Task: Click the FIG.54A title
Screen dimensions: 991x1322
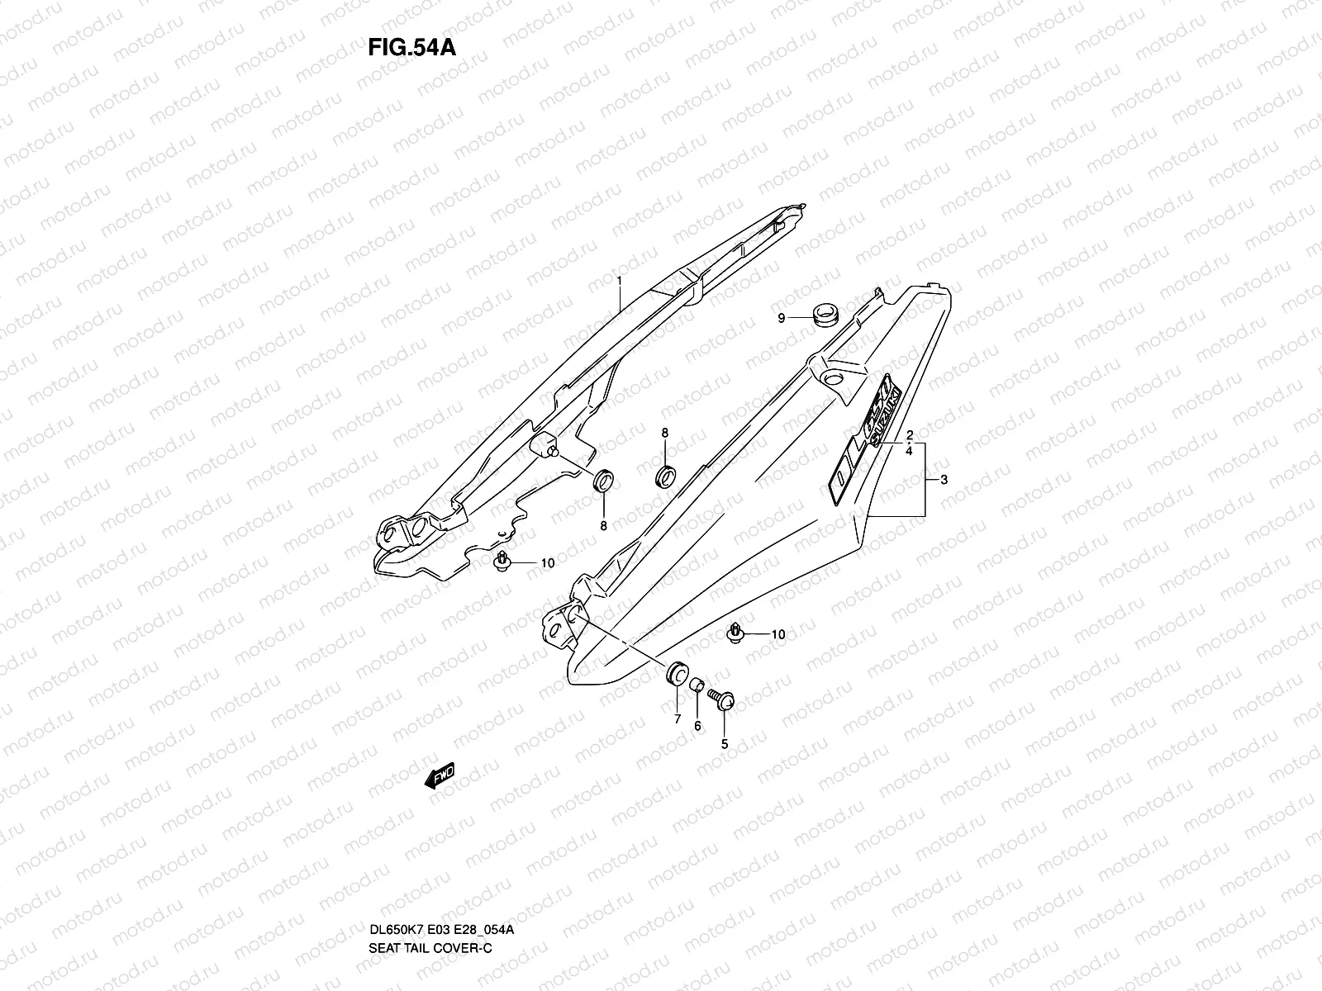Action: click(x=411, y=47)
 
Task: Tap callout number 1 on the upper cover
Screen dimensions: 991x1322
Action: click(x=618, y=282)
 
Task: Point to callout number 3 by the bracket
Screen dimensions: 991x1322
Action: click(x=944, y=480)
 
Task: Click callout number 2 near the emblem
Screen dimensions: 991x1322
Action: click(x=909, y=435)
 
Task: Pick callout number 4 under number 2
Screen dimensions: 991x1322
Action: click(x=909, y=452)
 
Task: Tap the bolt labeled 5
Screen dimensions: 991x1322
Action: click(x=726, y=703)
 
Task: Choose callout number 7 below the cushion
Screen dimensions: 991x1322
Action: click(x=677, y=719)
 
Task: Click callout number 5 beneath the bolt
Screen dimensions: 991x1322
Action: click(x=725, y=743)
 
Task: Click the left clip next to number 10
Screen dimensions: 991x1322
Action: click(x=501, y=561)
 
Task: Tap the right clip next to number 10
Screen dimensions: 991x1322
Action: click(x=735, y=632)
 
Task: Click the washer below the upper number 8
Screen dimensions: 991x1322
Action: click(x=665, y=476)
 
